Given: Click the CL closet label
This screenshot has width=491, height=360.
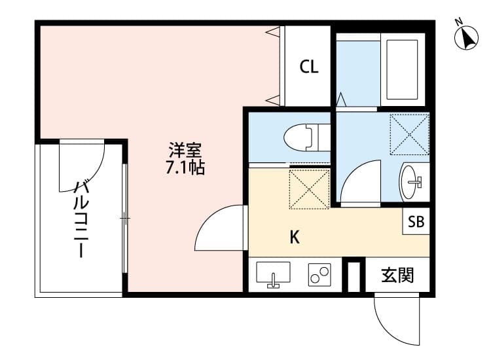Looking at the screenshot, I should click(x=309, y=66).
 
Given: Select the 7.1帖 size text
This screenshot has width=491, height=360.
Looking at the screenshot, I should click(x=185, y=168).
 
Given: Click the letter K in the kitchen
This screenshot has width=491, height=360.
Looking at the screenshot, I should click(x=295, y=238).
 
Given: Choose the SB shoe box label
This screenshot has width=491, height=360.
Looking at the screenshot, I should click(x=416, y=222).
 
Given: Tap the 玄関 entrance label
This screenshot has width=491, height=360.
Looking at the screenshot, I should click(x=397, y=276).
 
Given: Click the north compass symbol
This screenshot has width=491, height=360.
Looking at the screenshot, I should click(x=466, y=37).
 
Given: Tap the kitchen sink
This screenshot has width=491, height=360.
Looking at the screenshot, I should click(x=274, y=274).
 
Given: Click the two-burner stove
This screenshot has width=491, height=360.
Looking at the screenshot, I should click(x=320, y=275).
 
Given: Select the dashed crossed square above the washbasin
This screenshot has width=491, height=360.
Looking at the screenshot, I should click(x=409, y=135).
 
